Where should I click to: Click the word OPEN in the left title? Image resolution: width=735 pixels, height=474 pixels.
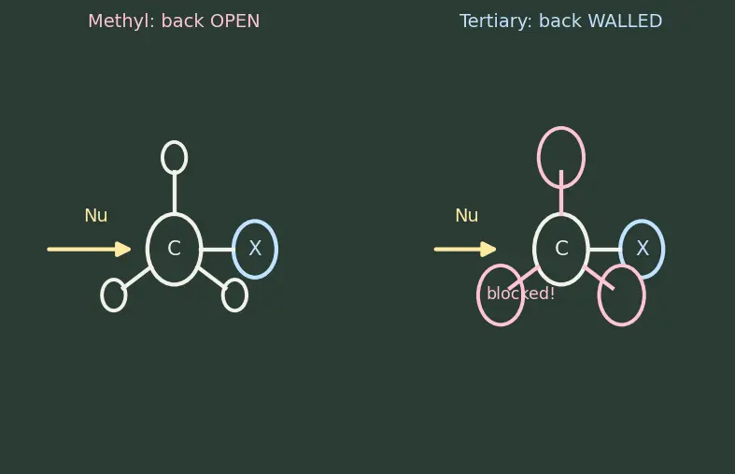(x=234, y=22)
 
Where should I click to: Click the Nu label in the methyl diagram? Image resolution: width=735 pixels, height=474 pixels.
(x=96, y=215)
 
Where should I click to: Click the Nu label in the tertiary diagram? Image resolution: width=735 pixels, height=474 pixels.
(x=467, y=215)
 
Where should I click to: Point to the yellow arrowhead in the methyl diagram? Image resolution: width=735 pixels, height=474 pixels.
(x=123, y=250)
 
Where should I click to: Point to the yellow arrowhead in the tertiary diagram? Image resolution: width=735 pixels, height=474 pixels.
(x=488, y=250)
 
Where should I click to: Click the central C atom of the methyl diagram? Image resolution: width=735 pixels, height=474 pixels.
(x=175, y=250)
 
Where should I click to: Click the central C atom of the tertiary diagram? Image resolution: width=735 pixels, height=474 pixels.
(x=561, y=250)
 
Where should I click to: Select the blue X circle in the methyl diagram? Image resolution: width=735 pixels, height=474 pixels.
(x=255, y=219)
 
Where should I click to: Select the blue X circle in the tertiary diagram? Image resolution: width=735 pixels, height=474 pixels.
(x=642, y=220)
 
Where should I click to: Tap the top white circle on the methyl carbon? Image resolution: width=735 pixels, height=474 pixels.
(x=175, y=141)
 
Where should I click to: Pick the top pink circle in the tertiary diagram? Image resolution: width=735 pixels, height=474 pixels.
(x=561, y=127)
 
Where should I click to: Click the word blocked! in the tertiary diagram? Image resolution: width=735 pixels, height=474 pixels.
(x=521, y=294)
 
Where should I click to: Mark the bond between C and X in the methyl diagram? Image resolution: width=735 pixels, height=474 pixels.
(x=218, y=250)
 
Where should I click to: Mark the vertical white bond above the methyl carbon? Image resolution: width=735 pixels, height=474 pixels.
(x=175, y=194)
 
